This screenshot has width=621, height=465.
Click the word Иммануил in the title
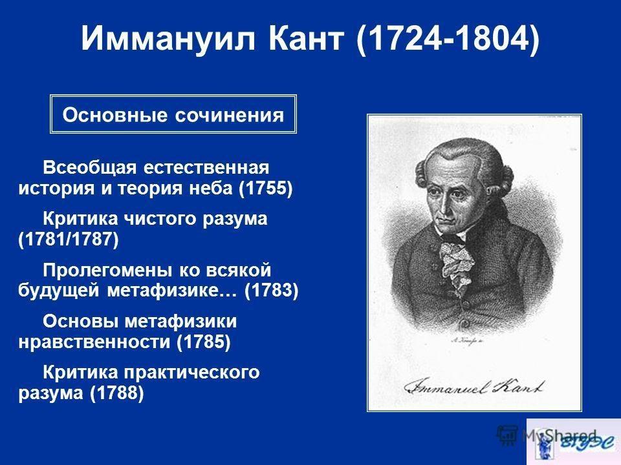click(156, 40)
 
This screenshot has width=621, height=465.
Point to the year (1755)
click(266, 189)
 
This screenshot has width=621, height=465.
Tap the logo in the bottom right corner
click(572, 442)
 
